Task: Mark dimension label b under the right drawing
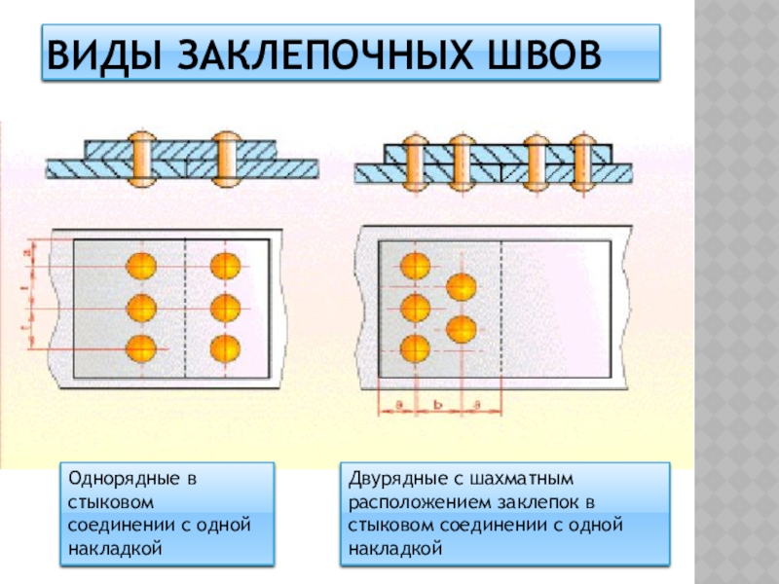click(440, 400)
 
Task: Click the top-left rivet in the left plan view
click(141, 266)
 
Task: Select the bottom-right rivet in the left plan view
click(225, 347)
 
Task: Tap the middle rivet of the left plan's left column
click(141, 307)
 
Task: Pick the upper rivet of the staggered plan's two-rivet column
click(461, 287)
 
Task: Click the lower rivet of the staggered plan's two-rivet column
click(461, 328)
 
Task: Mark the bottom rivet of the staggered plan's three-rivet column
click(416, 347)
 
